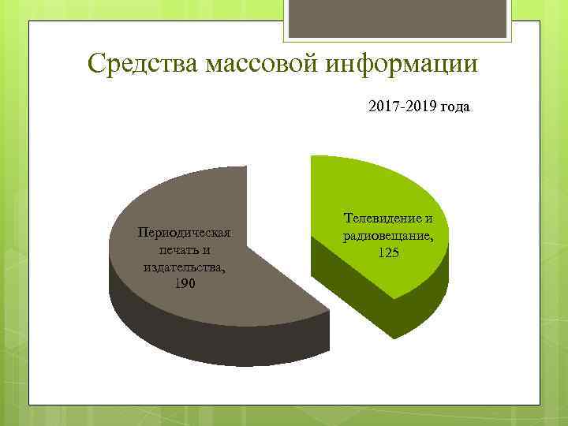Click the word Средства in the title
coord(142,63)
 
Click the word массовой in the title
coord(256,63)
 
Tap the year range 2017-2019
coord(402,106)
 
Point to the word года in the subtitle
coord(455,106)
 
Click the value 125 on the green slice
coord(388,252)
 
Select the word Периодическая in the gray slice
coord(184,233)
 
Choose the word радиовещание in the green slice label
coord(387,235)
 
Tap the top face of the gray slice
coord(197,197)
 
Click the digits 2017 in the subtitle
coord(383,106)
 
